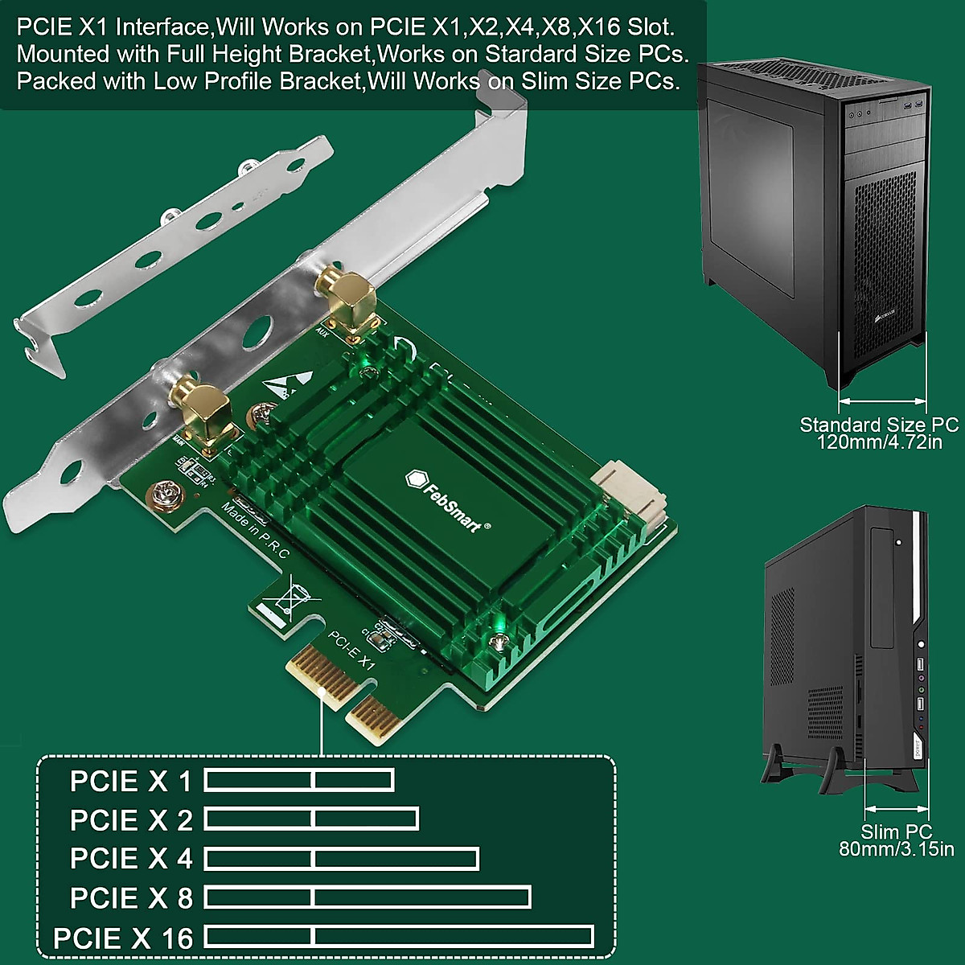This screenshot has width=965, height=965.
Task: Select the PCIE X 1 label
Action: (x=131, y=781)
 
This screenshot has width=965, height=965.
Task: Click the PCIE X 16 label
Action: (x=123, y=938)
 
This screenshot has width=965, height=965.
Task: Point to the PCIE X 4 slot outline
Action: (x=342, y=859)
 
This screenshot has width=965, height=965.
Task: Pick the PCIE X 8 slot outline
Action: (x=368, y=897)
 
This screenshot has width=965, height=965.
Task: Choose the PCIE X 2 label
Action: (x=131, y=820)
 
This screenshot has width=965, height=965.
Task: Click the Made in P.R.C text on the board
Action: (x=255, y=531)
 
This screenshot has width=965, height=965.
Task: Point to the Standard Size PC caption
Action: (x=878, y=425)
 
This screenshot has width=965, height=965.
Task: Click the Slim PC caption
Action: (x=896, y=832)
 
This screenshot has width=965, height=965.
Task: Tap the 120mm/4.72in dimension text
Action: (x=878, y=441)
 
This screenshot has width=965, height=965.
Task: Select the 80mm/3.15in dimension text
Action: (x=896, y=849)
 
